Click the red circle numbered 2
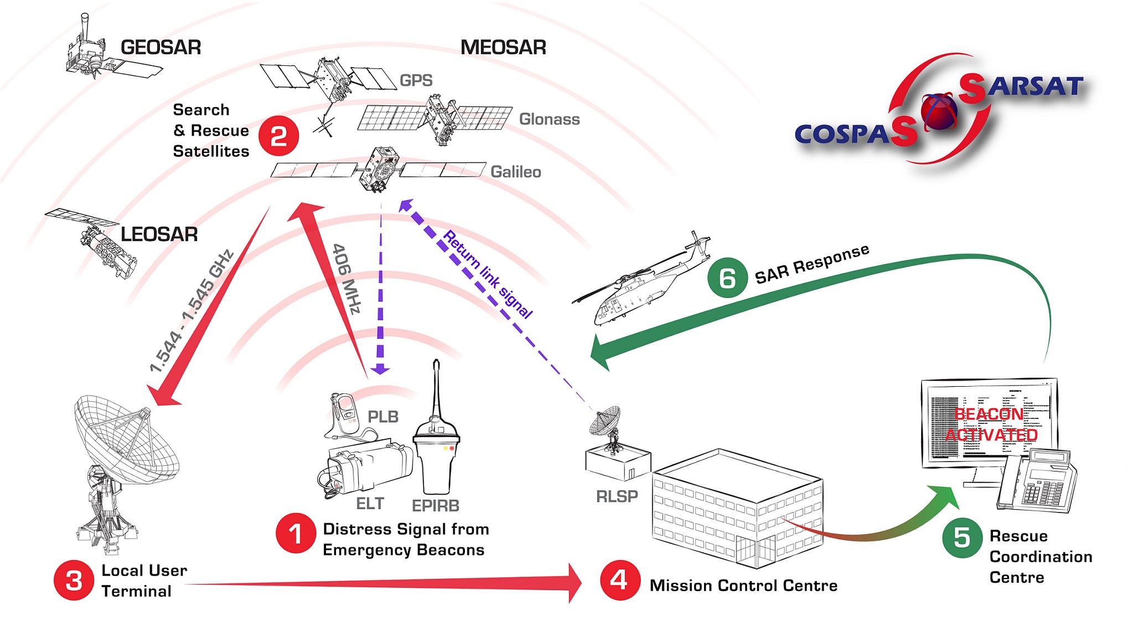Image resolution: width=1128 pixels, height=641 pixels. click(x=279, y=136)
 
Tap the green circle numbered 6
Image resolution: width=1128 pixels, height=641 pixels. click(x=727, y=278)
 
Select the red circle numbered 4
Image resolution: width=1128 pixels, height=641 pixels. click(x=620, y=580)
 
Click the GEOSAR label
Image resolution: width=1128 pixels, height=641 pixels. click(x=161, y=48)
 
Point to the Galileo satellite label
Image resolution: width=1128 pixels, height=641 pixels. click(x=516, y=172)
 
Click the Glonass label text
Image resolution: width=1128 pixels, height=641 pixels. click(x=549, y=119)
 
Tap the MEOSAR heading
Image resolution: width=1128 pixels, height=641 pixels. click(x=503, y=48)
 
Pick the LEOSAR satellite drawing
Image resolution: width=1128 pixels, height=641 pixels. click(x=97, y=241)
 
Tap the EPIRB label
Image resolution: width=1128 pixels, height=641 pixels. click(x=436, y=506)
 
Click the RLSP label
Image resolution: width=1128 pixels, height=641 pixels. click(x=617, y=496)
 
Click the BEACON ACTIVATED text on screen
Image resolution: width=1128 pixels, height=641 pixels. click(x=991, y=424)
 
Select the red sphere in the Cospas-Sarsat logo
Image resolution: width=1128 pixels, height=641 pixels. click(x=939, y=111)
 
